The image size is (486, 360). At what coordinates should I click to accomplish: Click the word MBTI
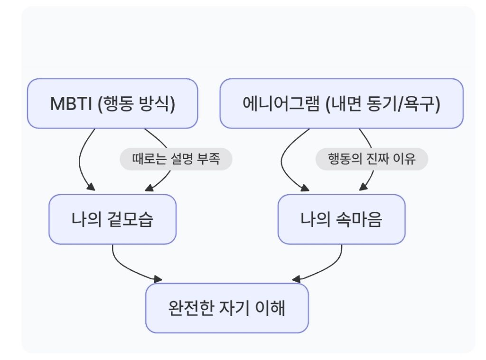point(71,104)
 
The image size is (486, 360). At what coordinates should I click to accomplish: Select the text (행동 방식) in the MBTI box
point(136,104)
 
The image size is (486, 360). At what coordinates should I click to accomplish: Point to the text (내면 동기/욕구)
point(383,104)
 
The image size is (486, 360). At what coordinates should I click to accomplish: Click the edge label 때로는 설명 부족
point(176,159)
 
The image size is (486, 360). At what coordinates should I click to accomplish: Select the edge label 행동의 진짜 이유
point(372,159)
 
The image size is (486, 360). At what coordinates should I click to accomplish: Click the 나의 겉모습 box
point(112,220)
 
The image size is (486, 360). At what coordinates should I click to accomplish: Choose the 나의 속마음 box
point(341,220)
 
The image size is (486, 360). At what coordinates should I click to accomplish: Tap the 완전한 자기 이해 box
point(227,308)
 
